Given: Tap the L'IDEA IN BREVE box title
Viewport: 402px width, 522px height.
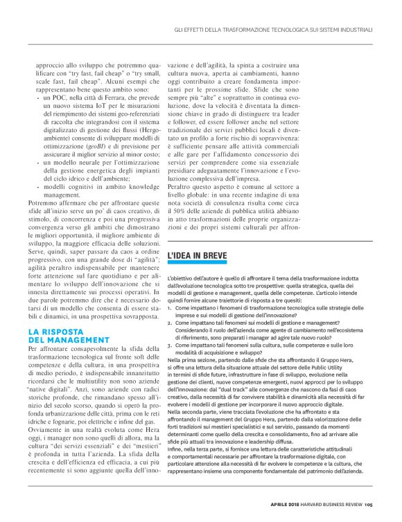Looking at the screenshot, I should click(x=198, y=256).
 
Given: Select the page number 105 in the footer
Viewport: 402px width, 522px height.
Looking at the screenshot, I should click(x=369, y=503).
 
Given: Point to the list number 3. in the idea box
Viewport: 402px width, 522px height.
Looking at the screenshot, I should click(x=171, y=344).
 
